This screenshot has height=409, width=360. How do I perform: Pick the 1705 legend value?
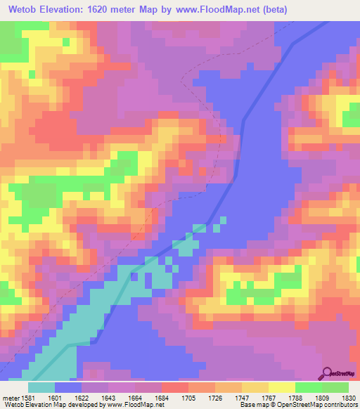point(198,398)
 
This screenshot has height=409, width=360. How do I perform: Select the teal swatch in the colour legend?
point(41,387)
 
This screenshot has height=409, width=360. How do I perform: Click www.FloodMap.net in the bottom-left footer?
point(134,405)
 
